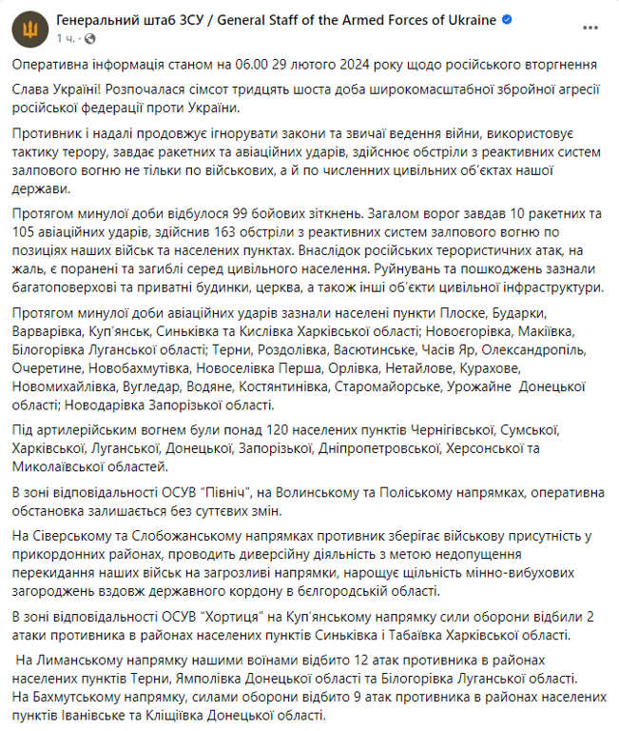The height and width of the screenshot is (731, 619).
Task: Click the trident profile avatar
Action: (x=28, y=29)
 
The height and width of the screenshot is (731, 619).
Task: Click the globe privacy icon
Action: (x=90, y=39)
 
